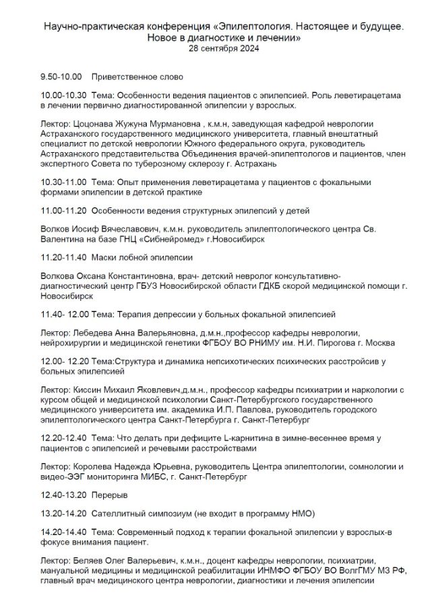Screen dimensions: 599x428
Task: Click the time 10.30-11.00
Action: [63, 182]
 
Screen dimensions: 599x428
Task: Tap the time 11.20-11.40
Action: [63, 257]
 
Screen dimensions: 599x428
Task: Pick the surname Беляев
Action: [90, 561]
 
